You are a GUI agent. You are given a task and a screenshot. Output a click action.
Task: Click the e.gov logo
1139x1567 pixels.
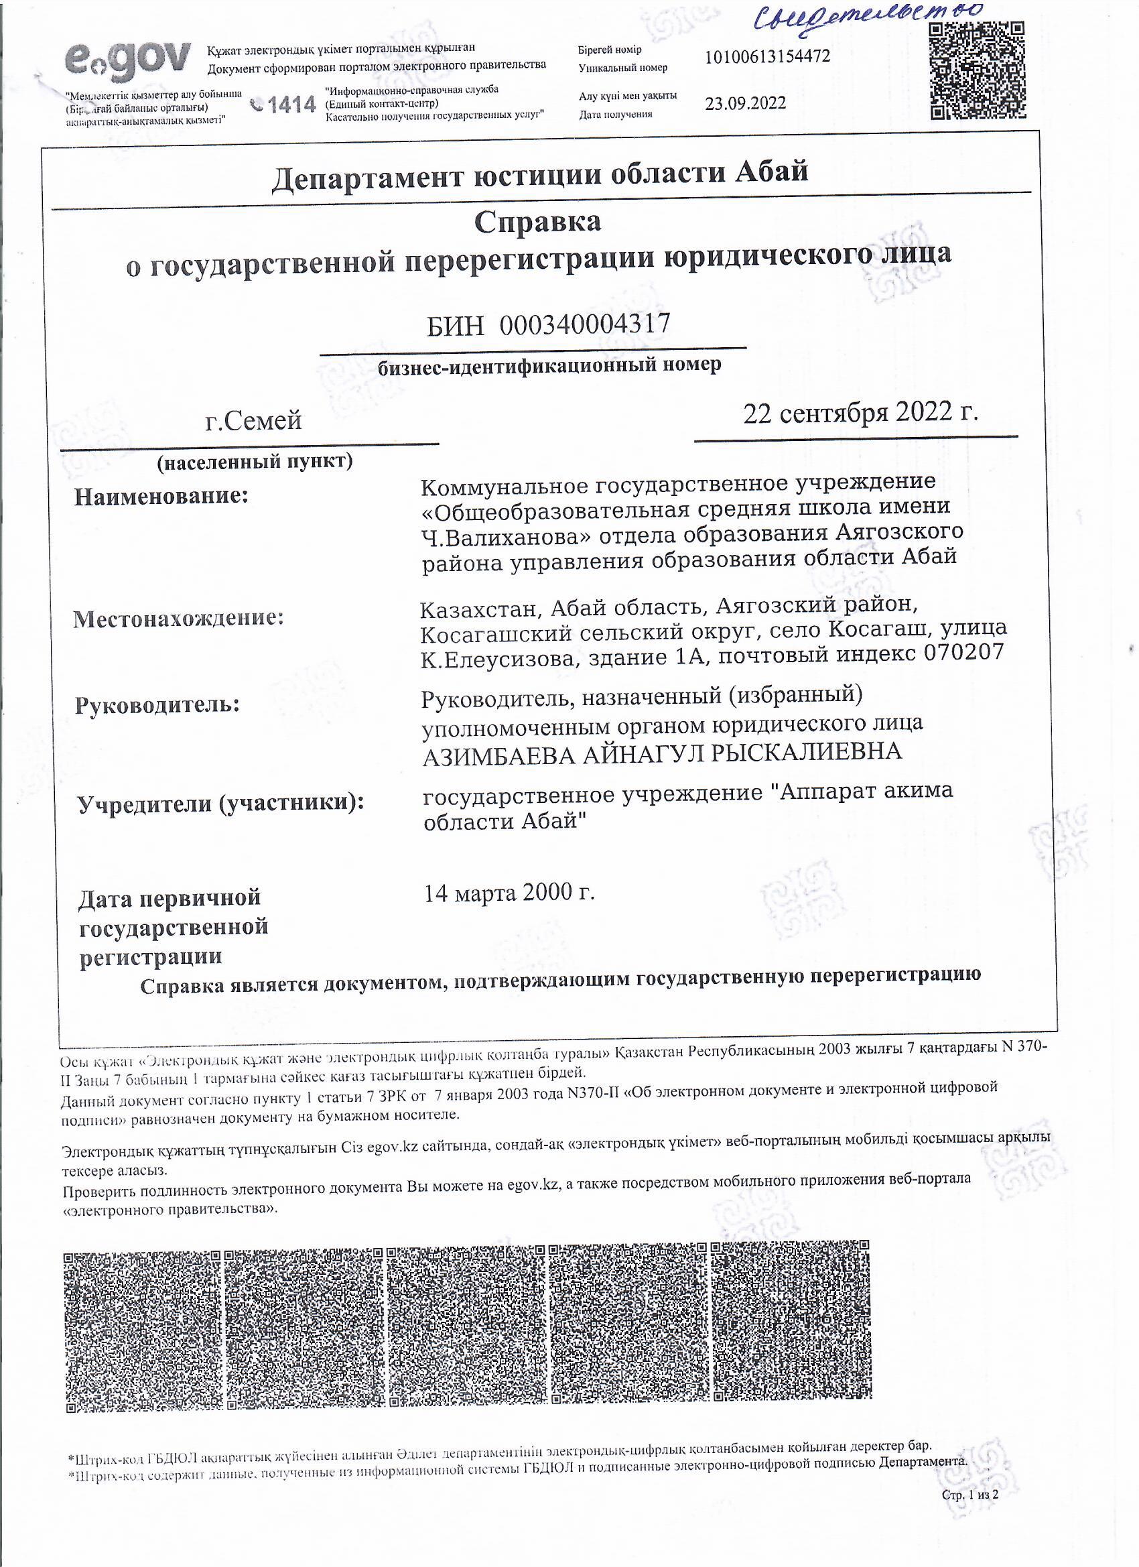click(x=128, y=60)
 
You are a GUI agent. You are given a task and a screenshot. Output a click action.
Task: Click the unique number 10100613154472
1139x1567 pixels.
click(x=766, y=57)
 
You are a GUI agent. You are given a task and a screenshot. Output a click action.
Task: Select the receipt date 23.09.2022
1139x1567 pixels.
click(x=745, y=104)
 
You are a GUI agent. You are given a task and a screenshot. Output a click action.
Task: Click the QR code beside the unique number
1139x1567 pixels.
click(x=976, y=70)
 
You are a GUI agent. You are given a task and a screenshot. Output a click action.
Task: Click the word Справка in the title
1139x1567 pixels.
click(x=537, y=222)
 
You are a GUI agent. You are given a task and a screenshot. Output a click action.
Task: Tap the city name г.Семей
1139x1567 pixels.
click(x=253, y=420)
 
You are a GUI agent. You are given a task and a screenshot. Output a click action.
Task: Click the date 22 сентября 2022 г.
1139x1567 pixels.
click(x=861, y=412)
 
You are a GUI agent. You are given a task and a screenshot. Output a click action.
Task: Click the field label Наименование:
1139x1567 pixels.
click(x=161, y=496)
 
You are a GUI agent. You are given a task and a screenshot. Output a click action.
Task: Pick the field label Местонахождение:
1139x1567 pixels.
click(x=179, y=618)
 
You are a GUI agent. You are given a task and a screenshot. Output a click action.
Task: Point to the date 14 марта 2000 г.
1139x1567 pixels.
click(x=509, y=893)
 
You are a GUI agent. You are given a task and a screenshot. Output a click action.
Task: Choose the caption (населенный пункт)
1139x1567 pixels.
click(x=255, y=462)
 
